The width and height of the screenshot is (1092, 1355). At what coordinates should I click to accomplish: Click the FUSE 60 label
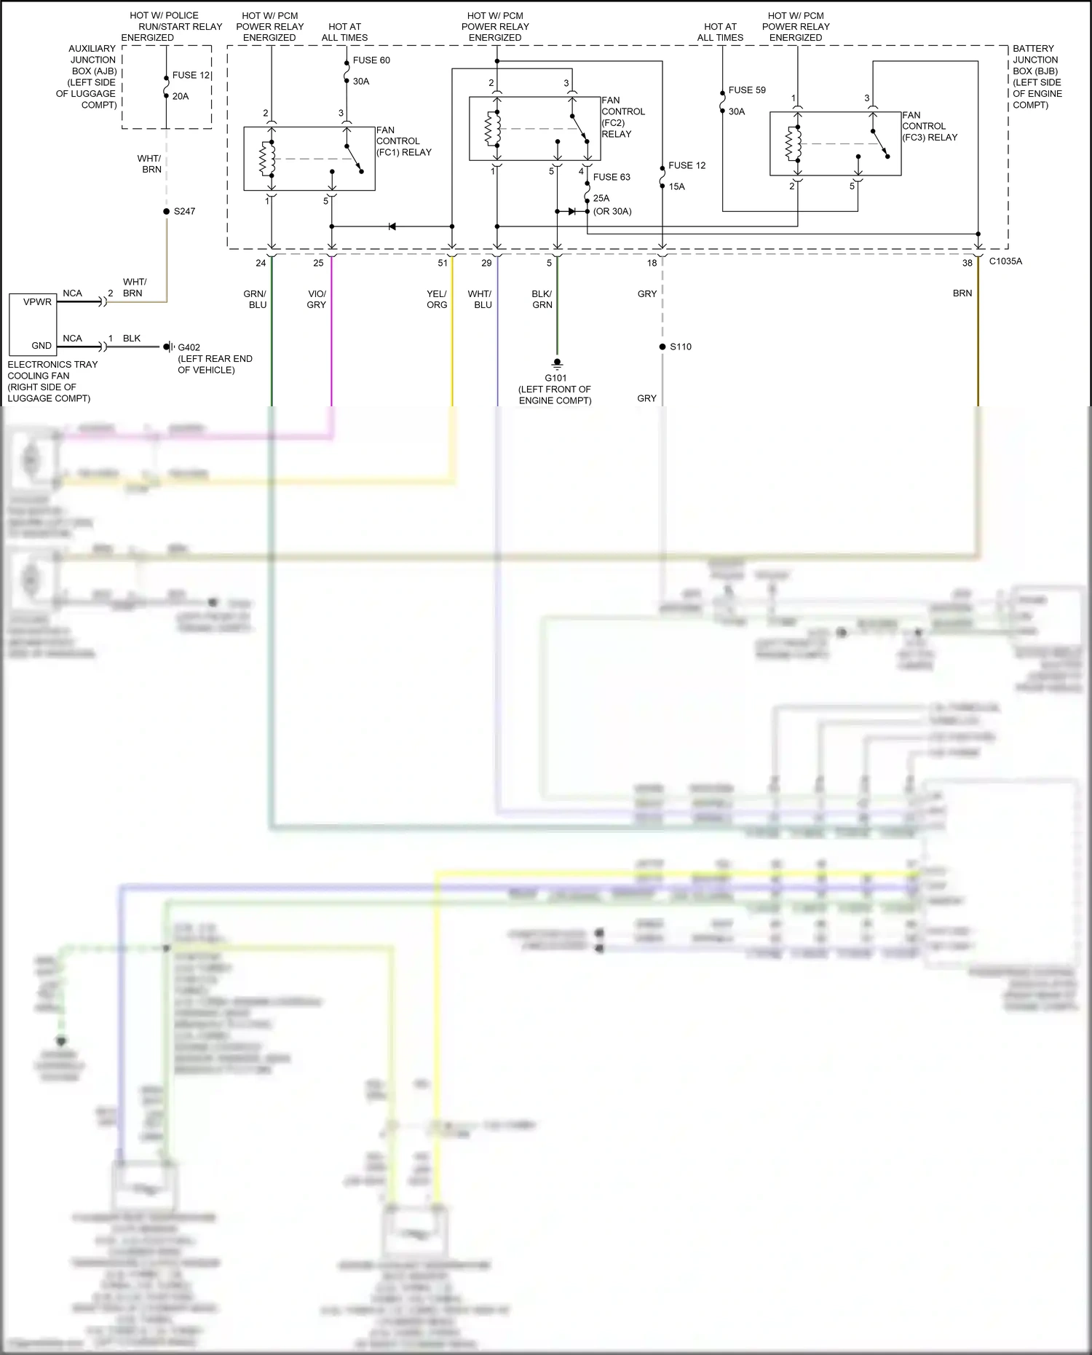[371, 60]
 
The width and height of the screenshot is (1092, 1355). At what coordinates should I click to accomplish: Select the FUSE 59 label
[747, 90]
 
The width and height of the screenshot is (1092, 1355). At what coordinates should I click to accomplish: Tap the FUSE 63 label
[612, 177]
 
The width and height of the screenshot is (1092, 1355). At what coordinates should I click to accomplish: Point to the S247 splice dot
[167, 211]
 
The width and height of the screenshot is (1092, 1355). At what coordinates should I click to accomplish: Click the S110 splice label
[681, 347]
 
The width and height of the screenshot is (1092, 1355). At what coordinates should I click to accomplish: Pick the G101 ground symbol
[557, 363]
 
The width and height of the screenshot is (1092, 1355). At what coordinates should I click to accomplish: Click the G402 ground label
[189, 347]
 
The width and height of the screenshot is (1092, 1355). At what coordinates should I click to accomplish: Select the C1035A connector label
[1005, 261]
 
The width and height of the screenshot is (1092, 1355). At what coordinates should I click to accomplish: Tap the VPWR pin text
[37, 302]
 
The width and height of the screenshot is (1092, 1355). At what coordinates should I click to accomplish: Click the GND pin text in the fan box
[41, 346]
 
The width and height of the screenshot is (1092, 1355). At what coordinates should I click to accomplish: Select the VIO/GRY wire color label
[317, 299]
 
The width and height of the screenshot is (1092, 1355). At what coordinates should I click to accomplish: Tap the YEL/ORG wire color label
[437, 299]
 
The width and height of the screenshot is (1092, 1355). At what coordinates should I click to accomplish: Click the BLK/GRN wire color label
[542, 299]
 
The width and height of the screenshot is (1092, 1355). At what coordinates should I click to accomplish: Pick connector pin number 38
[967, 264]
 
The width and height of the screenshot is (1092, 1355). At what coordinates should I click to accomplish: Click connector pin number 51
[443, 264]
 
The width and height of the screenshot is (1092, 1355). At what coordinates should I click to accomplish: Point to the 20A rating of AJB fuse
[181, 96]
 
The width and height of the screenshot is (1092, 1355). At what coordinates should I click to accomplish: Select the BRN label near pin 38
[962, 293]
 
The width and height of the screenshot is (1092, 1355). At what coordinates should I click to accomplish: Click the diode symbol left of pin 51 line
[392, 226]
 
